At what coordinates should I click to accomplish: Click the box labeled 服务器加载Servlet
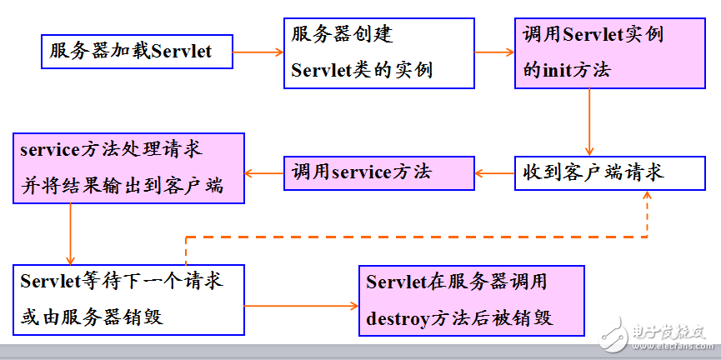(137, 52)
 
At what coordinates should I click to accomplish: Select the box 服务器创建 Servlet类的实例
(379, 53)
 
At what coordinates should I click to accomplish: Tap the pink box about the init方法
(609, 53)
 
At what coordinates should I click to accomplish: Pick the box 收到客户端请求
(609, 172)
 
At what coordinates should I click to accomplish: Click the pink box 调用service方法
(379, 172)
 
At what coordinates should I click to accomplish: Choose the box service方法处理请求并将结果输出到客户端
(128, 168)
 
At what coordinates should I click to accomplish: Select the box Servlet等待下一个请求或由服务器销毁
(128, 300)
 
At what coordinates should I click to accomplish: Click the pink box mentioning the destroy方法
(471, 301)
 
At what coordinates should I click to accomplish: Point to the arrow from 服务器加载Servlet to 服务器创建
(258, 52)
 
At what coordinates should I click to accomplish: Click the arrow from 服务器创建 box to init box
(494, 52)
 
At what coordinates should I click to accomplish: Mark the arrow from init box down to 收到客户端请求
(589, 122)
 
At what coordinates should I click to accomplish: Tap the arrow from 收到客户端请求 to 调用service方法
(494, 173)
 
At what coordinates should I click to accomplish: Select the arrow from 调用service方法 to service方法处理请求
(264, 173)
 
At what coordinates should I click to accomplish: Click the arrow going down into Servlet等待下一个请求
(70, 234)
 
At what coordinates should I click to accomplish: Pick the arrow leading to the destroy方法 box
(301, 306)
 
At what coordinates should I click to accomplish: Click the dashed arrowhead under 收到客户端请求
(647, 195)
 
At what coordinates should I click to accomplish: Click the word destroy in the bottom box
(398, 317)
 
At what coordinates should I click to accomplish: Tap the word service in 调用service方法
(360, 172)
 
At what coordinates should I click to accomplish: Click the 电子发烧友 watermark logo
(652, 336)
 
